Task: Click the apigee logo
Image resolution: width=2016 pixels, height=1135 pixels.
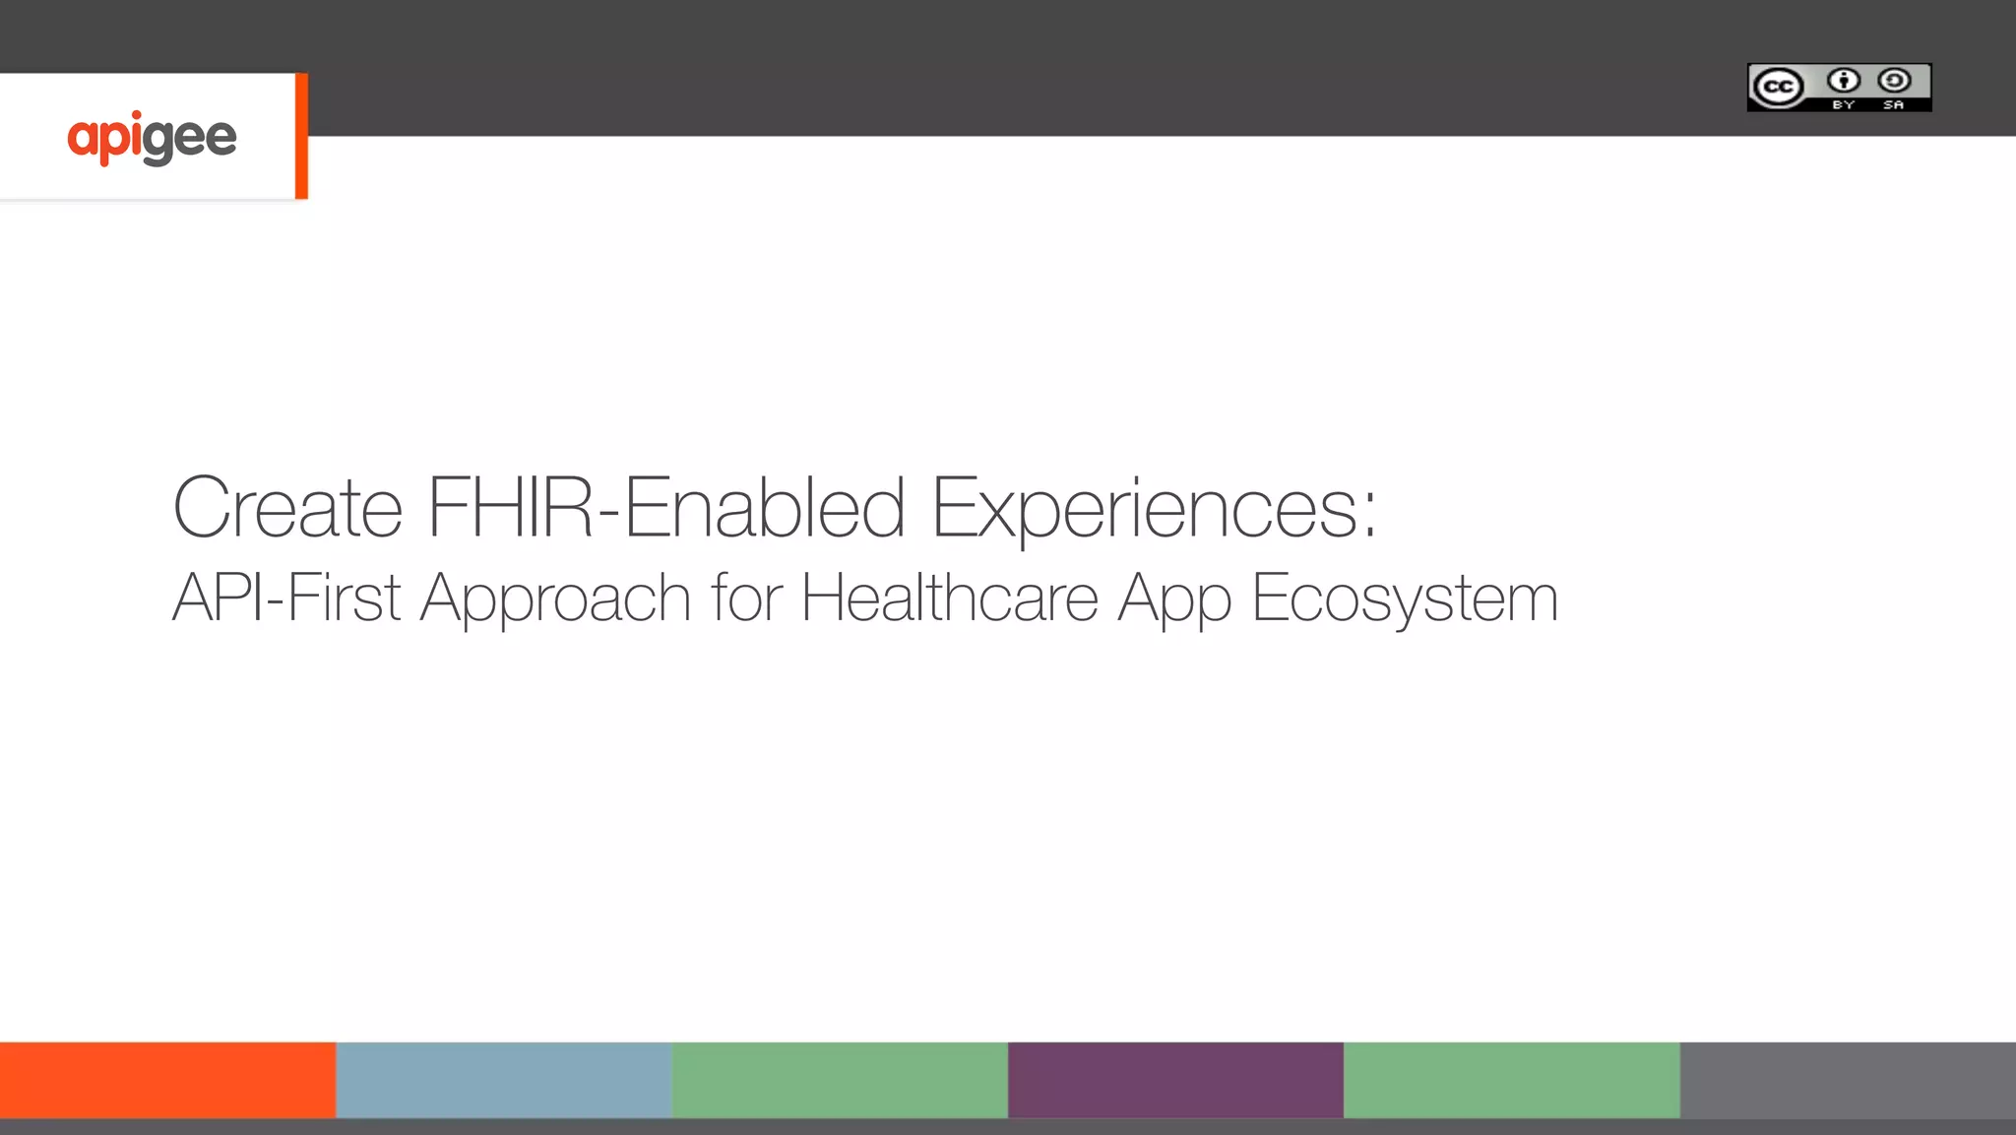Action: tap(152, 138)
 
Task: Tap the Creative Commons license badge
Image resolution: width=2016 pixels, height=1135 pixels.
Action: tap(1839, 88)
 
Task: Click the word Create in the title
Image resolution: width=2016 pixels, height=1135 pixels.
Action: tap(287, 508)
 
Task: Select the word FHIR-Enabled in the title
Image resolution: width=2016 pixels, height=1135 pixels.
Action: tap(666, 508)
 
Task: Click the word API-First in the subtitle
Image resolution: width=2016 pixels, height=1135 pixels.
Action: tap(286, 598)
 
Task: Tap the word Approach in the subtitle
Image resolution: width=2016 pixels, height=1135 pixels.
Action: tap(556, 599)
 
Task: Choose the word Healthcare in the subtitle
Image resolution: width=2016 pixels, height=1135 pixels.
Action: tap(949, 598)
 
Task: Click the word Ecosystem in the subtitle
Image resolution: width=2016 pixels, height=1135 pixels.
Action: tap(1405, 599)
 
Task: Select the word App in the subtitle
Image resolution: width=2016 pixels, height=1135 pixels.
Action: tap(1174, 599)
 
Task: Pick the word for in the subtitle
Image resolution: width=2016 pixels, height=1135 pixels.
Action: tap(746, 598)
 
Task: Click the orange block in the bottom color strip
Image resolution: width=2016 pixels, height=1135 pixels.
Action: tap(167, 1080)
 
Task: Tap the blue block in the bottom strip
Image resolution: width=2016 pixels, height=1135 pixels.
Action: tap(504, 1080)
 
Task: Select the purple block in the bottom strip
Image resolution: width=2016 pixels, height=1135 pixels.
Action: tap(1175, 1080)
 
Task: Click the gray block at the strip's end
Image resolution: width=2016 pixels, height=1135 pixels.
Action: tap(1848, 1080)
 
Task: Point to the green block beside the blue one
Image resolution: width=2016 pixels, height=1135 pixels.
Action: tap(840, 1080)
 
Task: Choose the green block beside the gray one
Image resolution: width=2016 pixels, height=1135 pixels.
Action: tap(1511, 1080)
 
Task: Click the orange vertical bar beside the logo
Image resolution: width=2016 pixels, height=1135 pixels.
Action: tap(301, 136)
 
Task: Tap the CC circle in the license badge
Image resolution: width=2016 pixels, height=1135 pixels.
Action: tap(1778, 88)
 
